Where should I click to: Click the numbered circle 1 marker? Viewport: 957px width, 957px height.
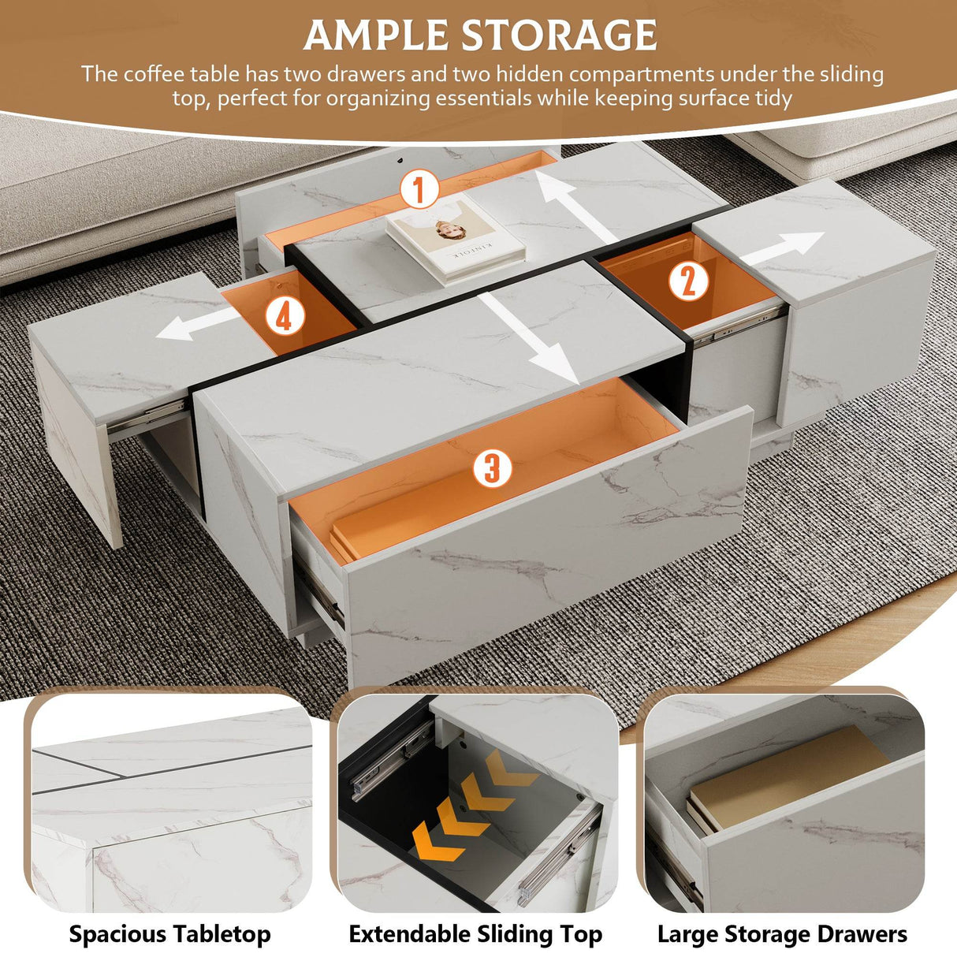pos(419,190)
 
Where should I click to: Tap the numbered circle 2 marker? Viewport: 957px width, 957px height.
pos(688,279)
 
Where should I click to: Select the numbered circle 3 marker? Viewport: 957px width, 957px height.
pos(492,467)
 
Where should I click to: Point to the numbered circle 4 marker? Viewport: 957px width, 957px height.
pos(284,316)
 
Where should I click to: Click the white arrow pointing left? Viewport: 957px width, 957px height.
pos(196,325)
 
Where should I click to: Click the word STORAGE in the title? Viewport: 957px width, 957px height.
pos(559,35)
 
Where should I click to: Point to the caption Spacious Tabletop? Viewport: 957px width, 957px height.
pos(169,934)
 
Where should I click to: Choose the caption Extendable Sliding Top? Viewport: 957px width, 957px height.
pos(475,934)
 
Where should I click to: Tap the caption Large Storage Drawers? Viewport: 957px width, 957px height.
pos(782,934)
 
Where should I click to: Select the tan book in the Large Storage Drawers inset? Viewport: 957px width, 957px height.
pos(788,776)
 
